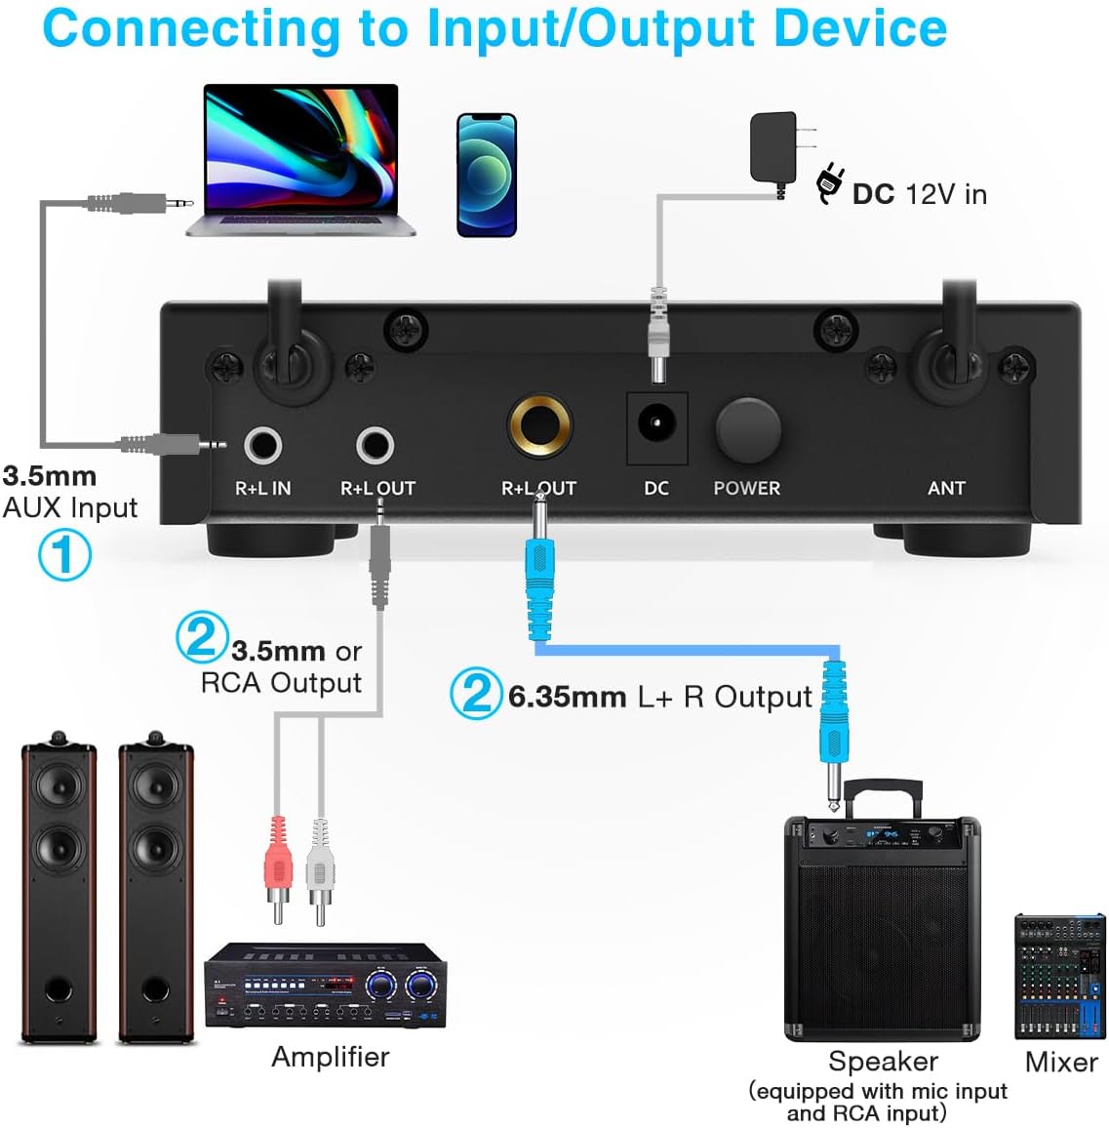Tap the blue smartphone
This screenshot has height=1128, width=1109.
pyautogui.click(x=487, y=175)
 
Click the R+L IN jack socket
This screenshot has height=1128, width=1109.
pyautogui.click(x=262, y=446)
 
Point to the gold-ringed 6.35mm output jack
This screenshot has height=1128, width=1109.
pyautogui.click(x=539, y=425)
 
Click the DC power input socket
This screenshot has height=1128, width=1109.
pyautogui.click(x=656, y=424)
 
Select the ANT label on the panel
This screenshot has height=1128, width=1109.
pyautogui.click(x=946, y=488)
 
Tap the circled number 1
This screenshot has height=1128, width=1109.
pyautogui.click(x=64, y=554)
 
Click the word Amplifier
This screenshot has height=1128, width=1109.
pyautogui.click(x=331, y=1057)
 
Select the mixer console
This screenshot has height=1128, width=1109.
pyautogui.click(x=1060, y=977)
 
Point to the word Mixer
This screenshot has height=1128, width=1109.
pyautogui.click(x=1061, y=1062)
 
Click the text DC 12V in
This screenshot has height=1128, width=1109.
pyautogui.click(x=919, y=194)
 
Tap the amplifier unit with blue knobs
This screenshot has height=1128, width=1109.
pyautogui.click(x=325, y=986)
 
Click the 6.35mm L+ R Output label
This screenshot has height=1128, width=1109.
pyautogui.click(x=659, y=697)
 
